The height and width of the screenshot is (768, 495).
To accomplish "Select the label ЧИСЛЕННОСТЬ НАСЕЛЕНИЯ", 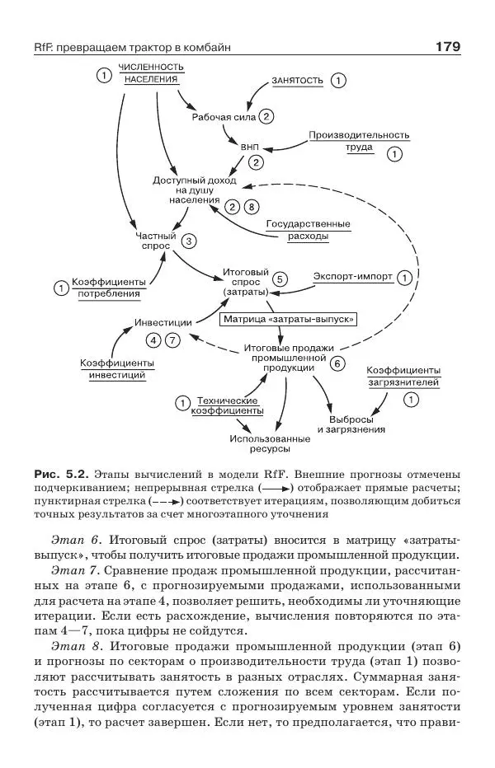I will [x=150, y=73].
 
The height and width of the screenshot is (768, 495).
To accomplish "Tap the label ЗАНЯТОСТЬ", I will [x=297, y=80].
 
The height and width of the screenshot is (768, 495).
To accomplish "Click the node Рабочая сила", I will [x=224, y=117].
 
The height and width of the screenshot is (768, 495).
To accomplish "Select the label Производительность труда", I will [x=359, y=141].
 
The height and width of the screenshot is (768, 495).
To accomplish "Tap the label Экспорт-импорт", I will [x=352, y=278].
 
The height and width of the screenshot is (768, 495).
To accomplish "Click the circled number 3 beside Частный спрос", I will [x=189, y=241].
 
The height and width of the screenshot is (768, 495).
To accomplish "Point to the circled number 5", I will [x=280, y=279].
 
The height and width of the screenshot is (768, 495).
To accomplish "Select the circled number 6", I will [x=337, y=363].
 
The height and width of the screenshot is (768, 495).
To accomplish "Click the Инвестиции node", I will [x=163, y=322].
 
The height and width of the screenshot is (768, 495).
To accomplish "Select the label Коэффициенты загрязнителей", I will [x=403, y=376].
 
